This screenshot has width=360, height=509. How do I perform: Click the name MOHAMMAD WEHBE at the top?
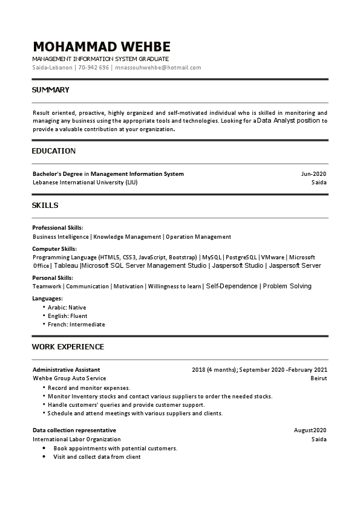click(x=102, y=47)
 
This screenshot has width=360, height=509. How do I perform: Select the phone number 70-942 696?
click(x=93, y=68)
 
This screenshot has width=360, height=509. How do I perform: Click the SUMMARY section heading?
click(x=50, y=90)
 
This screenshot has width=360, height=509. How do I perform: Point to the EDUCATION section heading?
click(x=54, y=151)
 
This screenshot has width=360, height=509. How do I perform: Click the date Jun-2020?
click(x=313, y=174)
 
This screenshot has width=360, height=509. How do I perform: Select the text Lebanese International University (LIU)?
click(x=85, y=182)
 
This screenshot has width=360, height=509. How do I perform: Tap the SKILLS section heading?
click(x=45, y=206)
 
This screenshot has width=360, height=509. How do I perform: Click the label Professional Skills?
click(x=57, y=228)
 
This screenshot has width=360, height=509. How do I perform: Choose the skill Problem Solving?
click(x=287, y=286)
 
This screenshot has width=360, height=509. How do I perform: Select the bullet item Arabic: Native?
click(x=67, y=308)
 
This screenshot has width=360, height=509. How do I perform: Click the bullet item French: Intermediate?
click(x=76, y=325)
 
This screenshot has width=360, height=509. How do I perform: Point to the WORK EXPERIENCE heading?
click(x=68, y=347)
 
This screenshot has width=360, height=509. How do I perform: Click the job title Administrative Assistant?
click(x=66, y=369)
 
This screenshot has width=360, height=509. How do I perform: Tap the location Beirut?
click(x=318, y=378)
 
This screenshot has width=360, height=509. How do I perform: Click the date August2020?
click(x=310, y=430)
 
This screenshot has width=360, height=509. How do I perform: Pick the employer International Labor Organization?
click(x=76, y=439)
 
